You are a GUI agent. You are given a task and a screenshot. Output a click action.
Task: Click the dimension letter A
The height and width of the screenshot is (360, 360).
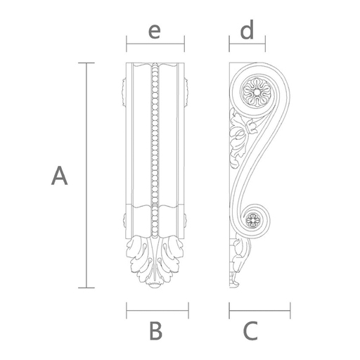pos(60,176)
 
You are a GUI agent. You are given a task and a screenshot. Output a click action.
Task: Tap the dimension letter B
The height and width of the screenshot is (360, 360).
pos(155,330)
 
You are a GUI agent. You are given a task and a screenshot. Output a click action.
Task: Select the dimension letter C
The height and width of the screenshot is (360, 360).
pos(250,331)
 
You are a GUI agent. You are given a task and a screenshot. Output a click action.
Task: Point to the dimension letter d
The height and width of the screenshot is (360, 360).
pos(247,30)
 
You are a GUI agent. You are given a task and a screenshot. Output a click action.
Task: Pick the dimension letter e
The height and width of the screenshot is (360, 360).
pos(155,32)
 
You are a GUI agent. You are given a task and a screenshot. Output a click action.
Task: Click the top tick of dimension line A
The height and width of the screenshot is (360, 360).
pos(86,63)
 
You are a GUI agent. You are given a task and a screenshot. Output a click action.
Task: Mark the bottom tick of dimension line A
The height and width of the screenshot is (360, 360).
pos(86,288)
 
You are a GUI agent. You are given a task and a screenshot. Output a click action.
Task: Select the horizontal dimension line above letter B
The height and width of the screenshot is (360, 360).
pos(157,311)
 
